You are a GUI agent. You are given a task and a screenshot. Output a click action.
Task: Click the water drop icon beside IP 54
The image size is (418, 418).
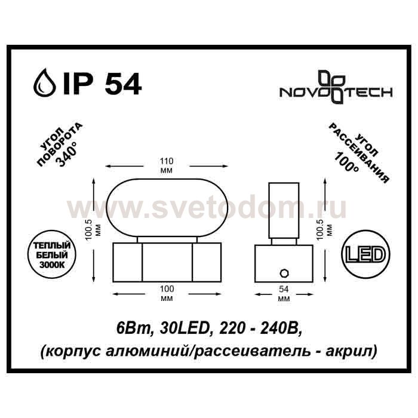pyautogui.click(x=45, y=82)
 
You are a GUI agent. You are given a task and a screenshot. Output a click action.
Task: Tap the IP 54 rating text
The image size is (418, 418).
pyautogui.click(x=102, y=82)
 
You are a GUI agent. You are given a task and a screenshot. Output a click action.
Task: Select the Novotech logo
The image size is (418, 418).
pyautogui.click(x=336, y=87)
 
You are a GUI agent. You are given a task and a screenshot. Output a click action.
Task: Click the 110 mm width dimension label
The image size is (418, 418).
pyautogui.click(x=167, y=165)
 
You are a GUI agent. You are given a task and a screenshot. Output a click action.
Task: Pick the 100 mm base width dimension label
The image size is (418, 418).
pyautogui.click(x=167, y=293)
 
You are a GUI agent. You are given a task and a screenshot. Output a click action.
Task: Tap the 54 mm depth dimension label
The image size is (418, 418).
pyautogui.click(x=284, y=294)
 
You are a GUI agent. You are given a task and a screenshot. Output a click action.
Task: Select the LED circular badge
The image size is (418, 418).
pyautogui.click(x=365, y=255)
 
